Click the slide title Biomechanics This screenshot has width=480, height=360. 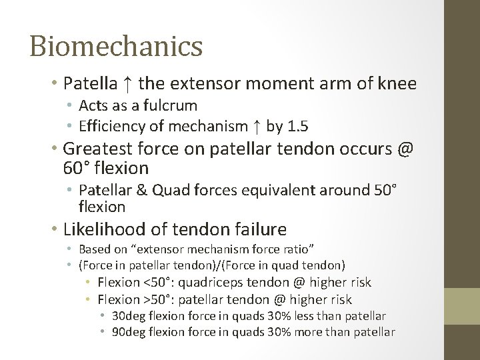[x=116, y=47]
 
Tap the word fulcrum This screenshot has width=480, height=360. [x=174, y=105]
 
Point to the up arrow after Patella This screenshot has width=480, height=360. [x=129, y=84]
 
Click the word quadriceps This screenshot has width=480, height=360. [x=215, y=283]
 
